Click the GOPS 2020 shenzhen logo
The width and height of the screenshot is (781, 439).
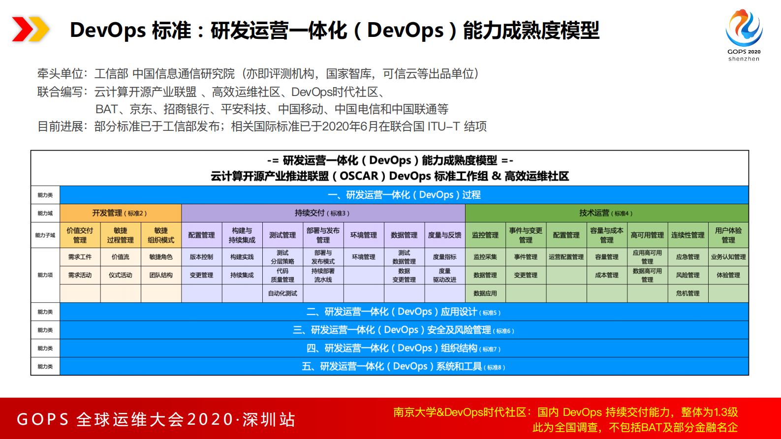pos(744,34)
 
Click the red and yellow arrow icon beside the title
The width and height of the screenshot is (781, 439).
pos(30,29)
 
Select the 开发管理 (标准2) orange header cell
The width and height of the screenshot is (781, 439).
pos(120,213)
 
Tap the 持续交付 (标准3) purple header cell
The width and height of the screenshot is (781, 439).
pos(323,213)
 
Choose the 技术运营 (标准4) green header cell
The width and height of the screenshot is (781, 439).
pos(606,213)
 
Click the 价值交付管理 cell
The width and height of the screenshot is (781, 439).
pos(80,235)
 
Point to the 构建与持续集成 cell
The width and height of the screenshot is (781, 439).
pos(242,235)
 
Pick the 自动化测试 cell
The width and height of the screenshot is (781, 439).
pos(282,293)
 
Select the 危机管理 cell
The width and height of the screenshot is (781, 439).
pos(687,293)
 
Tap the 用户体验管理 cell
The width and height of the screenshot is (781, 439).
pos(728,235)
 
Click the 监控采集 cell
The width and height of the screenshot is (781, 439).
pos(485,257)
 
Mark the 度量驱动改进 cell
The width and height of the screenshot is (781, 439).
pos(444,275)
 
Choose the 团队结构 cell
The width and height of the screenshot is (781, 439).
pos(161,275)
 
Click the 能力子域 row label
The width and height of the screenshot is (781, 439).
pos(45,235)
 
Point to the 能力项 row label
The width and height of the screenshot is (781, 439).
pos(45,275)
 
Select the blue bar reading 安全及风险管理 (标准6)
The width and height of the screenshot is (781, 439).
pos(404,330)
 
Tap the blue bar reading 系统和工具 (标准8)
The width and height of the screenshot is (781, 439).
pos(404,367)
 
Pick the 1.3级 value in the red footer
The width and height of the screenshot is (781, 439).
pos(725,412)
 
